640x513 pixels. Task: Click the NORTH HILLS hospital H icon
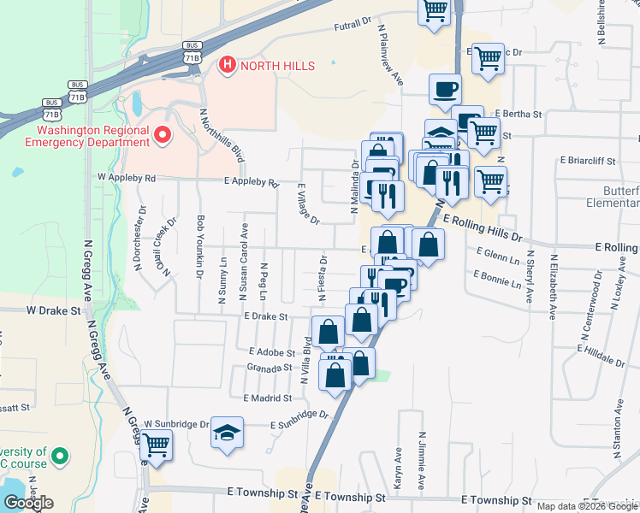[x=227, y=65]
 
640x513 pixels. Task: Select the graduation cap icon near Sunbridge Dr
[x=227, y=433]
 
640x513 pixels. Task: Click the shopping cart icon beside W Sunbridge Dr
[x=156, y=444]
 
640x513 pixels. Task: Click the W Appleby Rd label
[x=127, y=178]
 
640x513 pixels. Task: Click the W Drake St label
[x=52, y=310]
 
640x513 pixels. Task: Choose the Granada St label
[x=270, y=368]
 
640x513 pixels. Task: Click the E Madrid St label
[x=268, y=398]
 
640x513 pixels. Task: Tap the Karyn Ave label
[x=399, y=468]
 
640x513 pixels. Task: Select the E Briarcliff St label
[x=588, y=160]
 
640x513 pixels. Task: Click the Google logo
[x=28, y=503]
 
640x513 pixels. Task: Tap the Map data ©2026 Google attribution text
[x=588, y=506]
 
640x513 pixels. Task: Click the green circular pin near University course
[x=60, y=457]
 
